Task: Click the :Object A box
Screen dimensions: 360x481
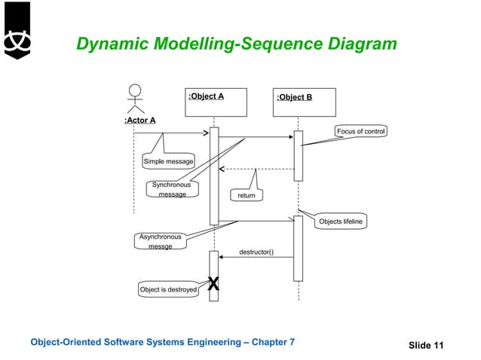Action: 216,102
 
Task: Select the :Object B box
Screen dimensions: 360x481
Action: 305,102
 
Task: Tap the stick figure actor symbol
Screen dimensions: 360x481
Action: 135,99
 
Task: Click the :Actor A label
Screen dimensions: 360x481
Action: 139,120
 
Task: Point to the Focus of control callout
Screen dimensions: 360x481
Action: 360,132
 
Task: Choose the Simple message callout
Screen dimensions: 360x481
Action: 167,161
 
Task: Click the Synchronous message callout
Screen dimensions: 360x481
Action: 172,189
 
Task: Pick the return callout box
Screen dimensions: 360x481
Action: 247,195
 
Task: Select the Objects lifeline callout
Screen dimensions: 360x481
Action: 340,221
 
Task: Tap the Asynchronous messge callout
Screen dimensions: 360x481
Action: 160,241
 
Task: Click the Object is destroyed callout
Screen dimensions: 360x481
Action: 168,289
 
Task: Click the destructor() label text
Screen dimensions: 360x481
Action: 256,252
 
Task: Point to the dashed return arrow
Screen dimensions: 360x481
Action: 256,169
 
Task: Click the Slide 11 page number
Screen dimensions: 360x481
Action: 426,345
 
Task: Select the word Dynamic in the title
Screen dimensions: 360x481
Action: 110,44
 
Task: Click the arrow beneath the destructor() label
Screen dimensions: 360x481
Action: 256,258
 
